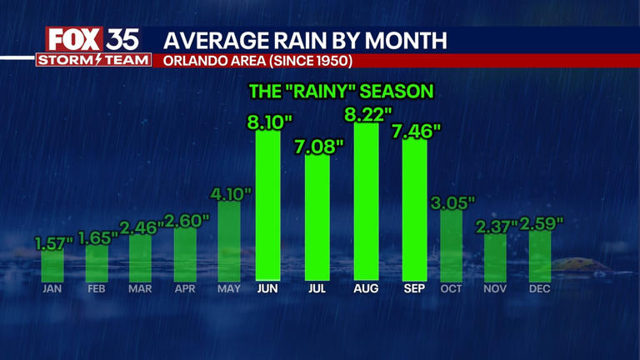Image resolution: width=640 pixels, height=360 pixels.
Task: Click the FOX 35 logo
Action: tap(92, 39)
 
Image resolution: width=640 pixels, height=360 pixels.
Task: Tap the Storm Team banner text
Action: tap(93, 60)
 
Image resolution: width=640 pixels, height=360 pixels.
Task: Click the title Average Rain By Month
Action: tap(304, 39)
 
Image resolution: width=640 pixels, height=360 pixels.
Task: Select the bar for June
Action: tap(267, 204)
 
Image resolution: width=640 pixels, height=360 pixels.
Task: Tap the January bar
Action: tap(53, 264)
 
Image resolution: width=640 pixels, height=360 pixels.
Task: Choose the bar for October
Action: tap(451, 245)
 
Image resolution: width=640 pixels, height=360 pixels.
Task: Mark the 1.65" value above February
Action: tap(98, 237)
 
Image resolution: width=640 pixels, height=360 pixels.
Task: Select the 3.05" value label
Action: tap(452, 202)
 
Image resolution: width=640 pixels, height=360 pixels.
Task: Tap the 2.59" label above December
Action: tap(542, 223)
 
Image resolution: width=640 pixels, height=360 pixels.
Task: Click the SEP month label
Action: tap(414, 288)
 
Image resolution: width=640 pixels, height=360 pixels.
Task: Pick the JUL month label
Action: tap(317, 288)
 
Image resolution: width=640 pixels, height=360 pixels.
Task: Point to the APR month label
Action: tap(185, 288)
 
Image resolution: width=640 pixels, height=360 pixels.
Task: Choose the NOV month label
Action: tap(495, 288)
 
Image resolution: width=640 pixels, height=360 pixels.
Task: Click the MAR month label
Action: tap(141, 288)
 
